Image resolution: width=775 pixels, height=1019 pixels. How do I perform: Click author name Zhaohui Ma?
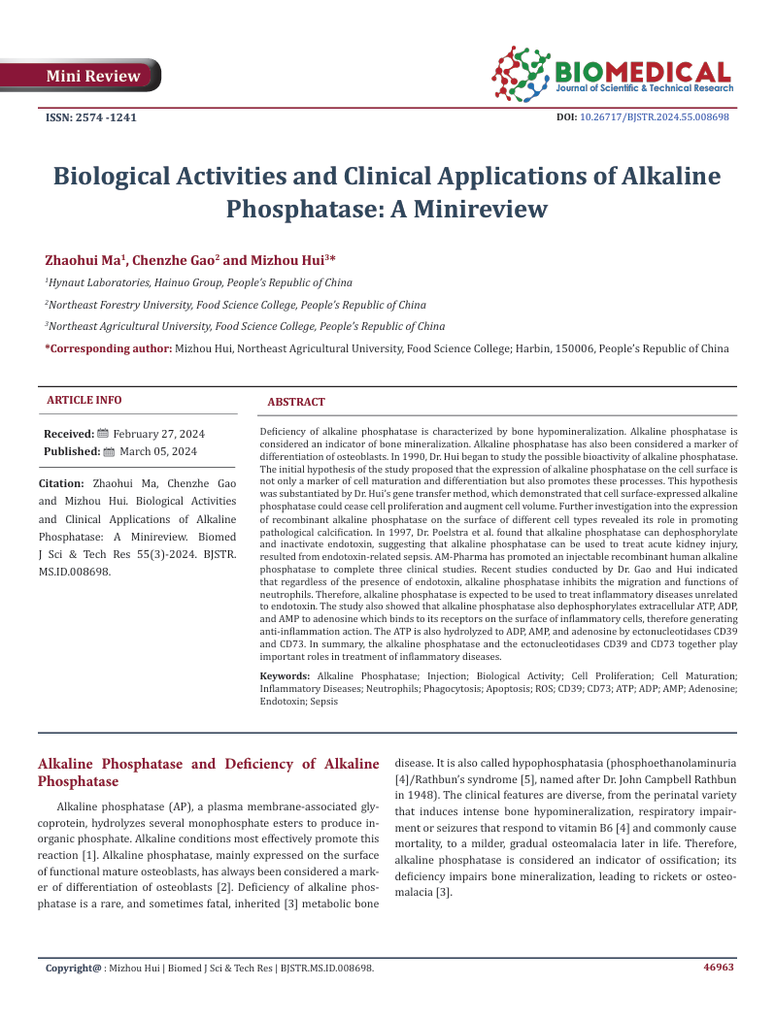point(83,260)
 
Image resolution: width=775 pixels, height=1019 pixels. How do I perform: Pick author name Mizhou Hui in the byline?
point(288,260)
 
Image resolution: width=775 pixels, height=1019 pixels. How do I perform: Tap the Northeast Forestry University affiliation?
point(236,305)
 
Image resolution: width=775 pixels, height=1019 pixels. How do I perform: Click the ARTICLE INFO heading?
point(84,400)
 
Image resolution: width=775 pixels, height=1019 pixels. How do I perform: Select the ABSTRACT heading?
point(296,402)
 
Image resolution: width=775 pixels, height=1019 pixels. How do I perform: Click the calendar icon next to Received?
point(104,434)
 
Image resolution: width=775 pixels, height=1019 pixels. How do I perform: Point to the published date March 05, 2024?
point(157,451)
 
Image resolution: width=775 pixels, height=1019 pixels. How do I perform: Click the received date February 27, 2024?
point(158,434)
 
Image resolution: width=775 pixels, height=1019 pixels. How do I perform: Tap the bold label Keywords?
point(286,675)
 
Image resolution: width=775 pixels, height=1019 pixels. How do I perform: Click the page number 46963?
point(718,967)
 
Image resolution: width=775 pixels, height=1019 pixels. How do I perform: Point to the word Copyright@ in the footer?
point(74,968)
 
